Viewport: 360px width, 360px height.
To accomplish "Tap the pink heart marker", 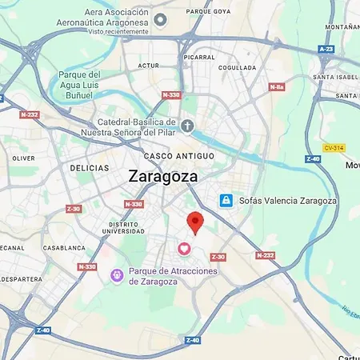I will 184,250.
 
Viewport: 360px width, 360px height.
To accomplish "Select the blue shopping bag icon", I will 226,199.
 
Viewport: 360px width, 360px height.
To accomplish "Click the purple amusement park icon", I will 116,275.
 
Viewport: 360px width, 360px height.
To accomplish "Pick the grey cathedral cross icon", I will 187,126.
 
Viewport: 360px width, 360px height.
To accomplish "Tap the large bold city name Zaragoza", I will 163,176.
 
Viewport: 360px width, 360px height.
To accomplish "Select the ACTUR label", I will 149,66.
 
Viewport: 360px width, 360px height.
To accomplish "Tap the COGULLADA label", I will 236,67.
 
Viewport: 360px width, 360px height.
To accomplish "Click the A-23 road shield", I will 326,49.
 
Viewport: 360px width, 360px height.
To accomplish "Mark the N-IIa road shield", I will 277,86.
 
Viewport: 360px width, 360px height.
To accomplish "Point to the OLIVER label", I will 23,158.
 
